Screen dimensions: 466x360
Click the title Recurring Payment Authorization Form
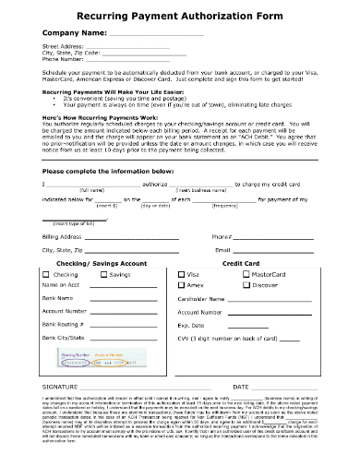tap(180, 17)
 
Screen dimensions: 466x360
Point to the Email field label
tap(222, 250)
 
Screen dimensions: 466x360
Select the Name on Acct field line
tap(120, 287)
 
